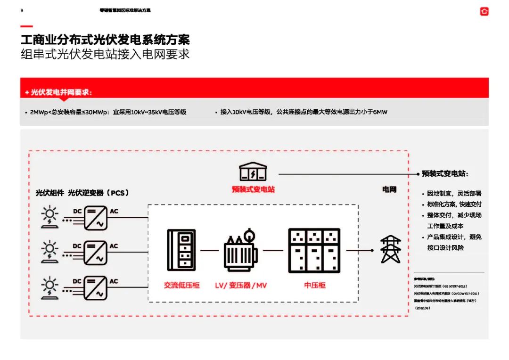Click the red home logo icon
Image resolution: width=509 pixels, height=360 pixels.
point(484,11)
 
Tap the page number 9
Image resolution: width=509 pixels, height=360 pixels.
point(22,10)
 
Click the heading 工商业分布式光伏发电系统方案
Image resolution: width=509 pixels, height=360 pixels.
point(105,39)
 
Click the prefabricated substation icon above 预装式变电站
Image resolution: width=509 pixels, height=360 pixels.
point(253,172)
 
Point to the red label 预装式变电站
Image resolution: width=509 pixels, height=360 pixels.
point(253,189)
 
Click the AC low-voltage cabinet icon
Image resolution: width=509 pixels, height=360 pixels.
point(181,252)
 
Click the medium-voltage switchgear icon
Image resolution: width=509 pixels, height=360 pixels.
point(314,251)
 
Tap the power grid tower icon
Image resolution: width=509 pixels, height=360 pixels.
point(391,250)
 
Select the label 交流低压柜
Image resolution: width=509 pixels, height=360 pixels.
point(181,285)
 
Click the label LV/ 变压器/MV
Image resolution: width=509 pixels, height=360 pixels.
point(241,286)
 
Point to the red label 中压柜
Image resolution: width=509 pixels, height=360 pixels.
point(314,285)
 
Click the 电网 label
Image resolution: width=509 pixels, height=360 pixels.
point(389,189)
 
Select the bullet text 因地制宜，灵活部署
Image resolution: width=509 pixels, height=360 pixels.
point(454,194)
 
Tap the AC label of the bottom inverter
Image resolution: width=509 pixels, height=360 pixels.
point(114,281)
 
